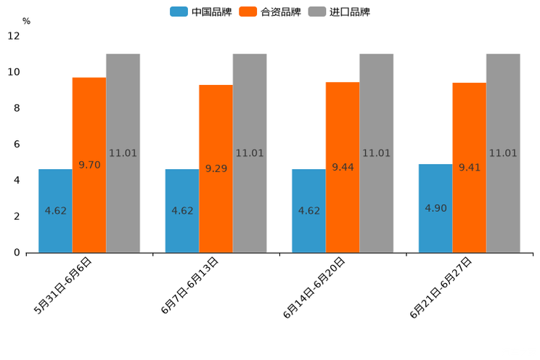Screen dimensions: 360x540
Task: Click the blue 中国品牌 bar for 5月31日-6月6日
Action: pyautogui.click(x=55, y=210)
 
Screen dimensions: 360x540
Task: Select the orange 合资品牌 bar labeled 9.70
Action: pyautogui.click(x=89, y=165)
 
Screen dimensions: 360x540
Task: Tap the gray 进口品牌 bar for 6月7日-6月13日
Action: pyautogui.click(x=250, y=153)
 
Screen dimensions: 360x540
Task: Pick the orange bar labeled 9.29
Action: pyautogui.click(x=216, y=168)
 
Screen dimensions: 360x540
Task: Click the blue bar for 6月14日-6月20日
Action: pyautogui.click(x=308, y=210)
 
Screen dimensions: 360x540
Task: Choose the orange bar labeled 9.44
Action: pyautogui.click(x=343, y=167)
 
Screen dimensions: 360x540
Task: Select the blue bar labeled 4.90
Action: pyautogui.click(x=435, y=208)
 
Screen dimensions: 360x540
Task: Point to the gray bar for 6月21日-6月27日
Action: pyautogui.click(x=503, y=153)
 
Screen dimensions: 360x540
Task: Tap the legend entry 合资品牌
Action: pyautogui.click(x=280, y=12)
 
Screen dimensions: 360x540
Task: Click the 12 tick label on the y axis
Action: pyautogui.click(x=14, y=36)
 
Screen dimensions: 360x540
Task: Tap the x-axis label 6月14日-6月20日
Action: pyautogui.click(x=315, y=287)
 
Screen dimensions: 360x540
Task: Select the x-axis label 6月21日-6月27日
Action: pyautogui.click(x=442, y=287)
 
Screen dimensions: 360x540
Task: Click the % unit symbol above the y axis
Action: pyautogui.click(x=26, y=21)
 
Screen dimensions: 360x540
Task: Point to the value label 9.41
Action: pyautogui.click(x=470, y=168)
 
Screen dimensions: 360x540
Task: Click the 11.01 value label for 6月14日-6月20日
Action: pyautogui.click(x=376, y=153)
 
